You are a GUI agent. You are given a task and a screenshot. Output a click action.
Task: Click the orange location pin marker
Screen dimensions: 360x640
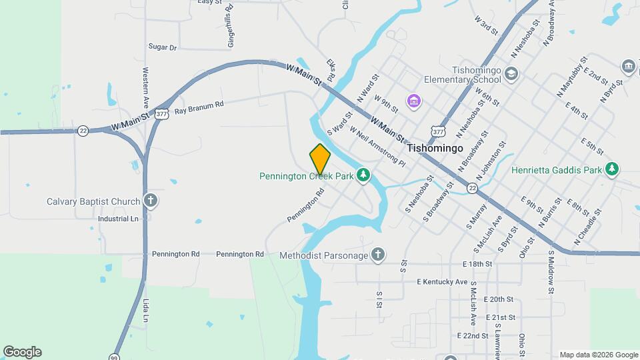click(320, 159)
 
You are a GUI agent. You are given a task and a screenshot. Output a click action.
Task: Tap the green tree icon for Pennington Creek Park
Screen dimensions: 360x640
click(363, 175)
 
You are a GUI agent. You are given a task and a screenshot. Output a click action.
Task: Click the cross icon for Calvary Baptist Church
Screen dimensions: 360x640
click(151, 201)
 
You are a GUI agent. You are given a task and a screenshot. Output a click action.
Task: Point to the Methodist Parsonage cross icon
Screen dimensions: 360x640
click(379, 255)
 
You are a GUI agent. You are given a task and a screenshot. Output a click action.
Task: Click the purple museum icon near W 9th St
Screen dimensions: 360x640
click(414, 101)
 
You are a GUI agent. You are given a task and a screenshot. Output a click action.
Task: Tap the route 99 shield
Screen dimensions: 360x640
click(115, 356)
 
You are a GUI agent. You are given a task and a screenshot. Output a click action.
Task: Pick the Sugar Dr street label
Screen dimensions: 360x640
click(163, 47)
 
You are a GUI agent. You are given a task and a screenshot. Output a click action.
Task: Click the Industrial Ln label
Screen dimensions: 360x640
click(118, 219)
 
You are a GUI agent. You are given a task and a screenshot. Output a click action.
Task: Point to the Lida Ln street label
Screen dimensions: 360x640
click(146, 311)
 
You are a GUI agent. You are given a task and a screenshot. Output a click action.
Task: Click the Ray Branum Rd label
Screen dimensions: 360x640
click(199, 108)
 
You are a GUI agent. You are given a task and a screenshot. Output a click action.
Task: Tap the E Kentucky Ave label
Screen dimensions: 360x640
click(442, 282)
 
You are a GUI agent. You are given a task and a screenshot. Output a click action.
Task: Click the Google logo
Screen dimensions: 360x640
click(22, 352)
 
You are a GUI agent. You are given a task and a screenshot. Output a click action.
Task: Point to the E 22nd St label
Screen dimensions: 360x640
click(473, 335)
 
